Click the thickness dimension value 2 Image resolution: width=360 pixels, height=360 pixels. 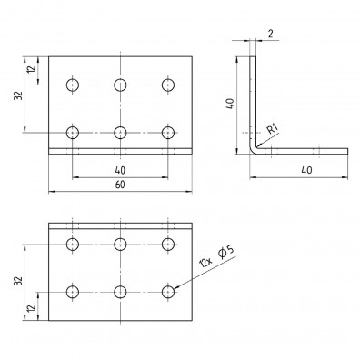271,34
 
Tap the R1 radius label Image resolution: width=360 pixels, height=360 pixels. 273,130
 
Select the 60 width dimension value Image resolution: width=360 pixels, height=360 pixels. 120,185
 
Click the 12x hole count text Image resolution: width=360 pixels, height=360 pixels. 206,262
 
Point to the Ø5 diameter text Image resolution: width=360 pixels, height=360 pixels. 226,253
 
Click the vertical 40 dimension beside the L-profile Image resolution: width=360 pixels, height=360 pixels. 230,104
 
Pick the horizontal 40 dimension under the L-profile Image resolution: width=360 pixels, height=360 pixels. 306,170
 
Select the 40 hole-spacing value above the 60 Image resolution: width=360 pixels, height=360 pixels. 120,170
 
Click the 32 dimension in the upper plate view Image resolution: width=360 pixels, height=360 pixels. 19,95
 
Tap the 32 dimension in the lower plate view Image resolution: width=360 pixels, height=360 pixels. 19,282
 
